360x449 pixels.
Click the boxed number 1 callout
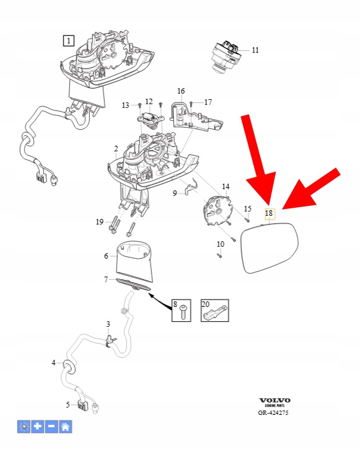[x=68, y=41]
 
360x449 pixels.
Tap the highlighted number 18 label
[x=270, y=213]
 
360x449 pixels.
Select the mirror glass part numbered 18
[x=270, y=247]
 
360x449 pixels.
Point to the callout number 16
[x=181, y=91]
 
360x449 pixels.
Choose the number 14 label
[x=226, y=187]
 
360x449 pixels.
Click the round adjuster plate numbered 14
[x=216, y=211]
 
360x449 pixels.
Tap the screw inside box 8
[x=183, y=313]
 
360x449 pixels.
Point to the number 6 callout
[x=106, y=256]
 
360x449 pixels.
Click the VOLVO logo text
[x=274, y=401]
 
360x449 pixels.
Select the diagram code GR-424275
[x=273, y=412]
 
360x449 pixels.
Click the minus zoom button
[x=51, y=427]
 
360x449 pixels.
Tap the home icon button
[x=66, y=427]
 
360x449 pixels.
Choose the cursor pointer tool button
[x=24, y=427]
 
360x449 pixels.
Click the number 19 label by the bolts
[x=100, y=222]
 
